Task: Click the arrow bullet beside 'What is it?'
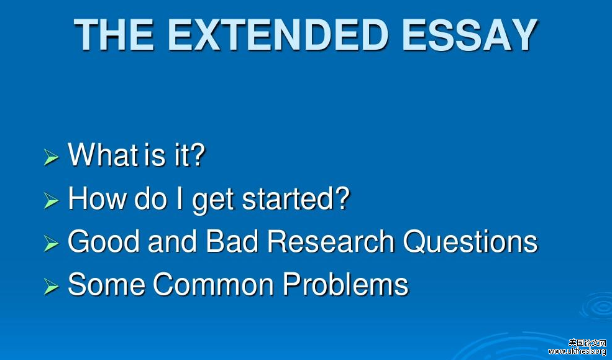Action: click(x=51, y=157)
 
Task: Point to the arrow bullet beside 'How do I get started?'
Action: click(x=51, y=201)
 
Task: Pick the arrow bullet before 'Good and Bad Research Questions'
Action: click(x=51, y=243)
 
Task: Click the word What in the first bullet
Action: click(x=103, y=155)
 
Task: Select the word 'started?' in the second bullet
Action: click(x=296, y=198)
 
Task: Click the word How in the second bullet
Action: click(x=97, y=198)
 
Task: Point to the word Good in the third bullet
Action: click(x=104, y=241)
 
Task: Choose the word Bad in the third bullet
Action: click(x=232, y=241)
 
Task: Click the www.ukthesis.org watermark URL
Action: click(x=577, y=351)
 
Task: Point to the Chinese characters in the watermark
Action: click(x=587, y=343)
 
